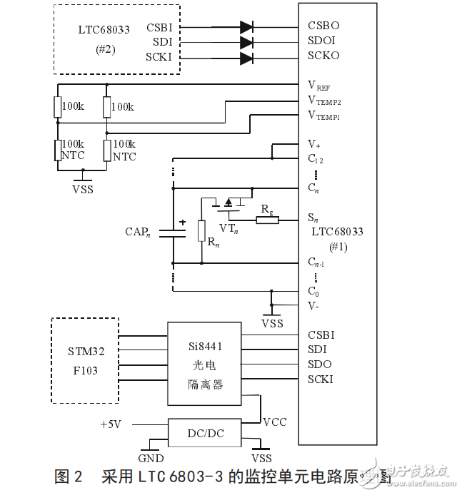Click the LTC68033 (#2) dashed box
[x=116, y=39]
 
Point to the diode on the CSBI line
[x=247, y=27]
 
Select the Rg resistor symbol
[x=267, y=220]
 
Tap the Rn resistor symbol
[x=202, y=231]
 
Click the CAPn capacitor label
[x=138, y=232]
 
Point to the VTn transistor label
[x=229, y=228]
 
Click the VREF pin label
[x=318, y=86]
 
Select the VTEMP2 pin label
[x=323, y=101]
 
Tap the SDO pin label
[x=319, y=364]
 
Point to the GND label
[x=150, y=459]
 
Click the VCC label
[x=275, y=422]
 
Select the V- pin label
[x=315, y=305]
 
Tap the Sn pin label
[x=313, y=218]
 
